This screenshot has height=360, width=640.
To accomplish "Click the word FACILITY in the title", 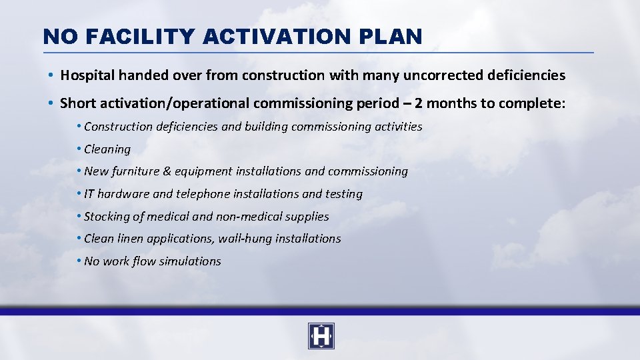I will click(140, 36).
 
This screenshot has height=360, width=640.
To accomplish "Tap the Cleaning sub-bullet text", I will click(107, 149).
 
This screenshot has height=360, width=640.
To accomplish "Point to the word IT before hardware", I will click(90, 194).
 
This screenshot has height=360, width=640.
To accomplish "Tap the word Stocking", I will click(107, 217).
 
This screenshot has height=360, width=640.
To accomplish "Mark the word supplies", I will click(307, 217).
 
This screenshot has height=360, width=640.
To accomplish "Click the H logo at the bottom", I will click(321, 337).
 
